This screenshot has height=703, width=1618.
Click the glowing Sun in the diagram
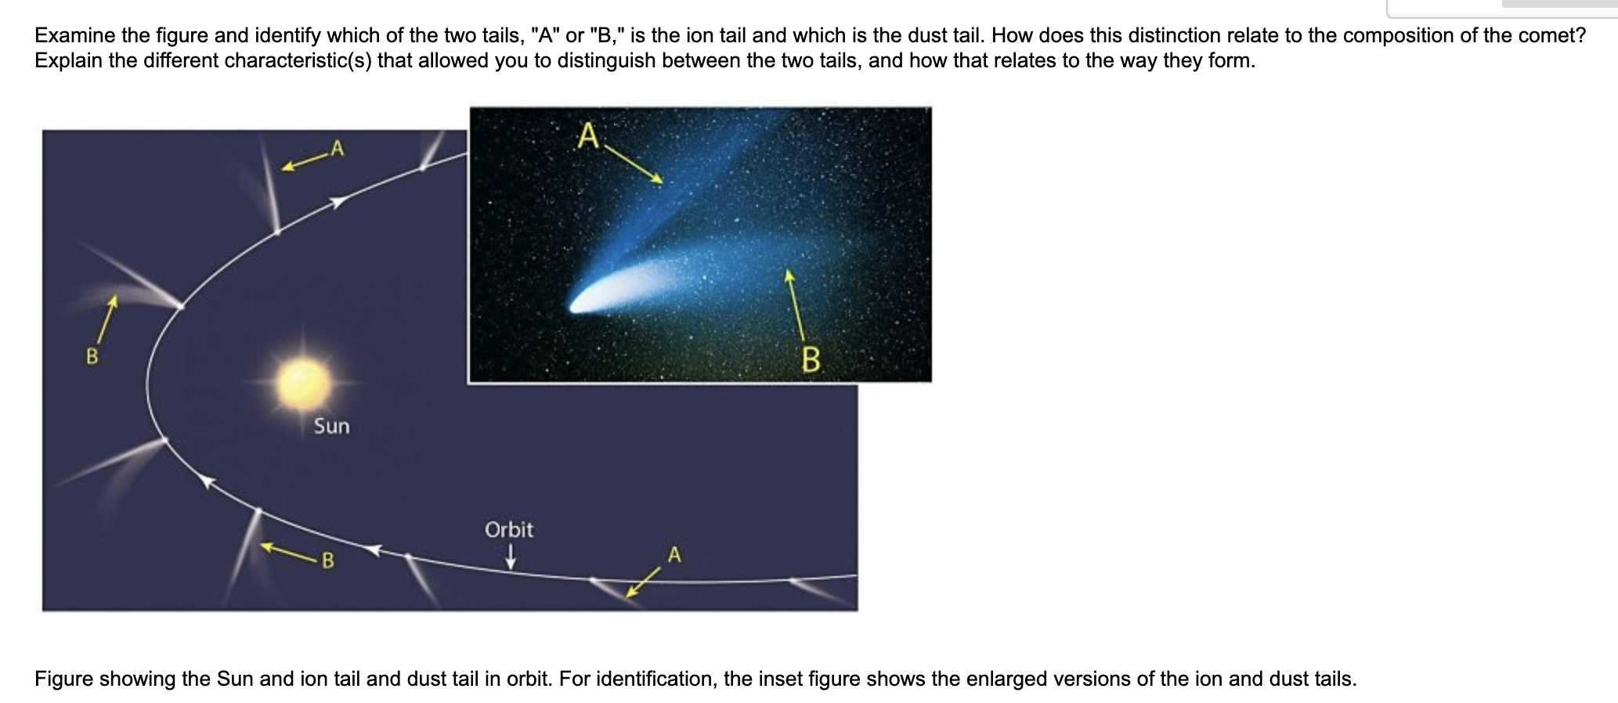coord(303,382)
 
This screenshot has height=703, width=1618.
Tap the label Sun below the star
coord(331,426)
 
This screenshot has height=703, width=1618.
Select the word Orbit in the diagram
coord(509,530)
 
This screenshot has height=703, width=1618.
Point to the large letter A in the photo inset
coord(588,135)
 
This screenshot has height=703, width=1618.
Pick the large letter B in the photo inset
coord(811,360)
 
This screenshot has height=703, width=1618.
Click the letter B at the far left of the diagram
coord(92,357)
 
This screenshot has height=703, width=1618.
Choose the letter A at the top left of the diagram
coord(336,147)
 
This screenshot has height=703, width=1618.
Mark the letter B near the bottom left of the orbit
coord(328,561)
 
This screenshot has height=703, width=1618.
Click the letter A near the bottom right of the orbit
coord(675,555)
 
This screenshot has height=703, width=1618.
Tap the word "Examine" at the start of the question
coord(75,35)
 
